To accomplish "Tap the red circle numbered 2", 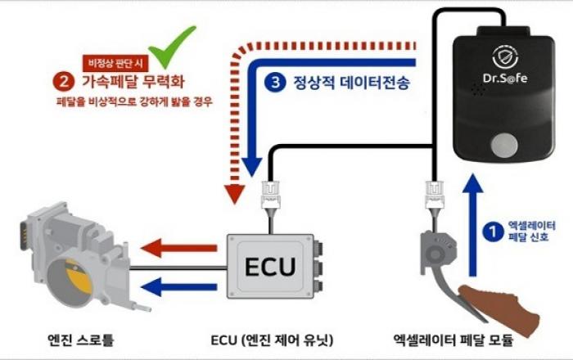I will pos(63,82).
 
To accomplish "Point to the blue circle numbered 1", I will pos(491,232).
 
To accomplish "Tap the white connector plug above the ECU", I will pos(270,194).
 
